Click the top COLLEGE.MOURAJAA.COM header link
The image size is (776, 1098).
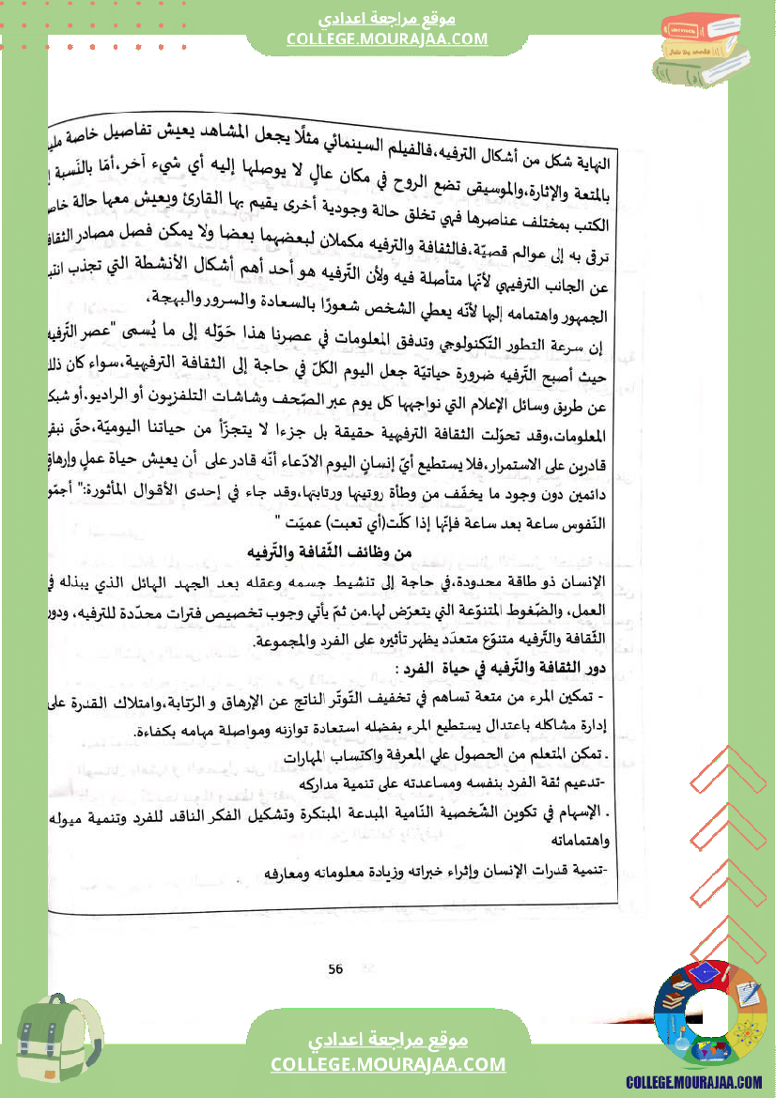[387, 39]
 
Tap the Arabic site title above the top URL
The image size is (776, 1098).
[387, 19]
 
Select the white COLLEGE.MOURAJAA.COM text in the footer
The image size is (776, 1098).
[387, 1064]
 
